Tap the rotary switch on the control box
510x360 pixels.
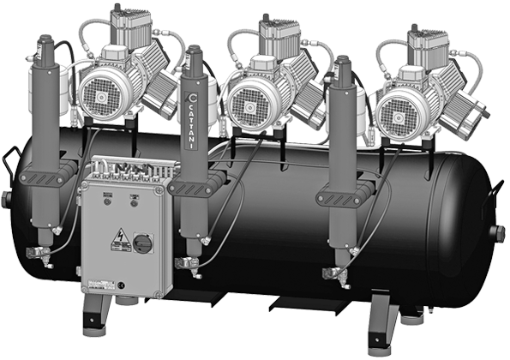click(x=143, y=243)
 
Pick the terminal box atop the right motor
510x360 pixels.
click(x=427, y=39)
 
